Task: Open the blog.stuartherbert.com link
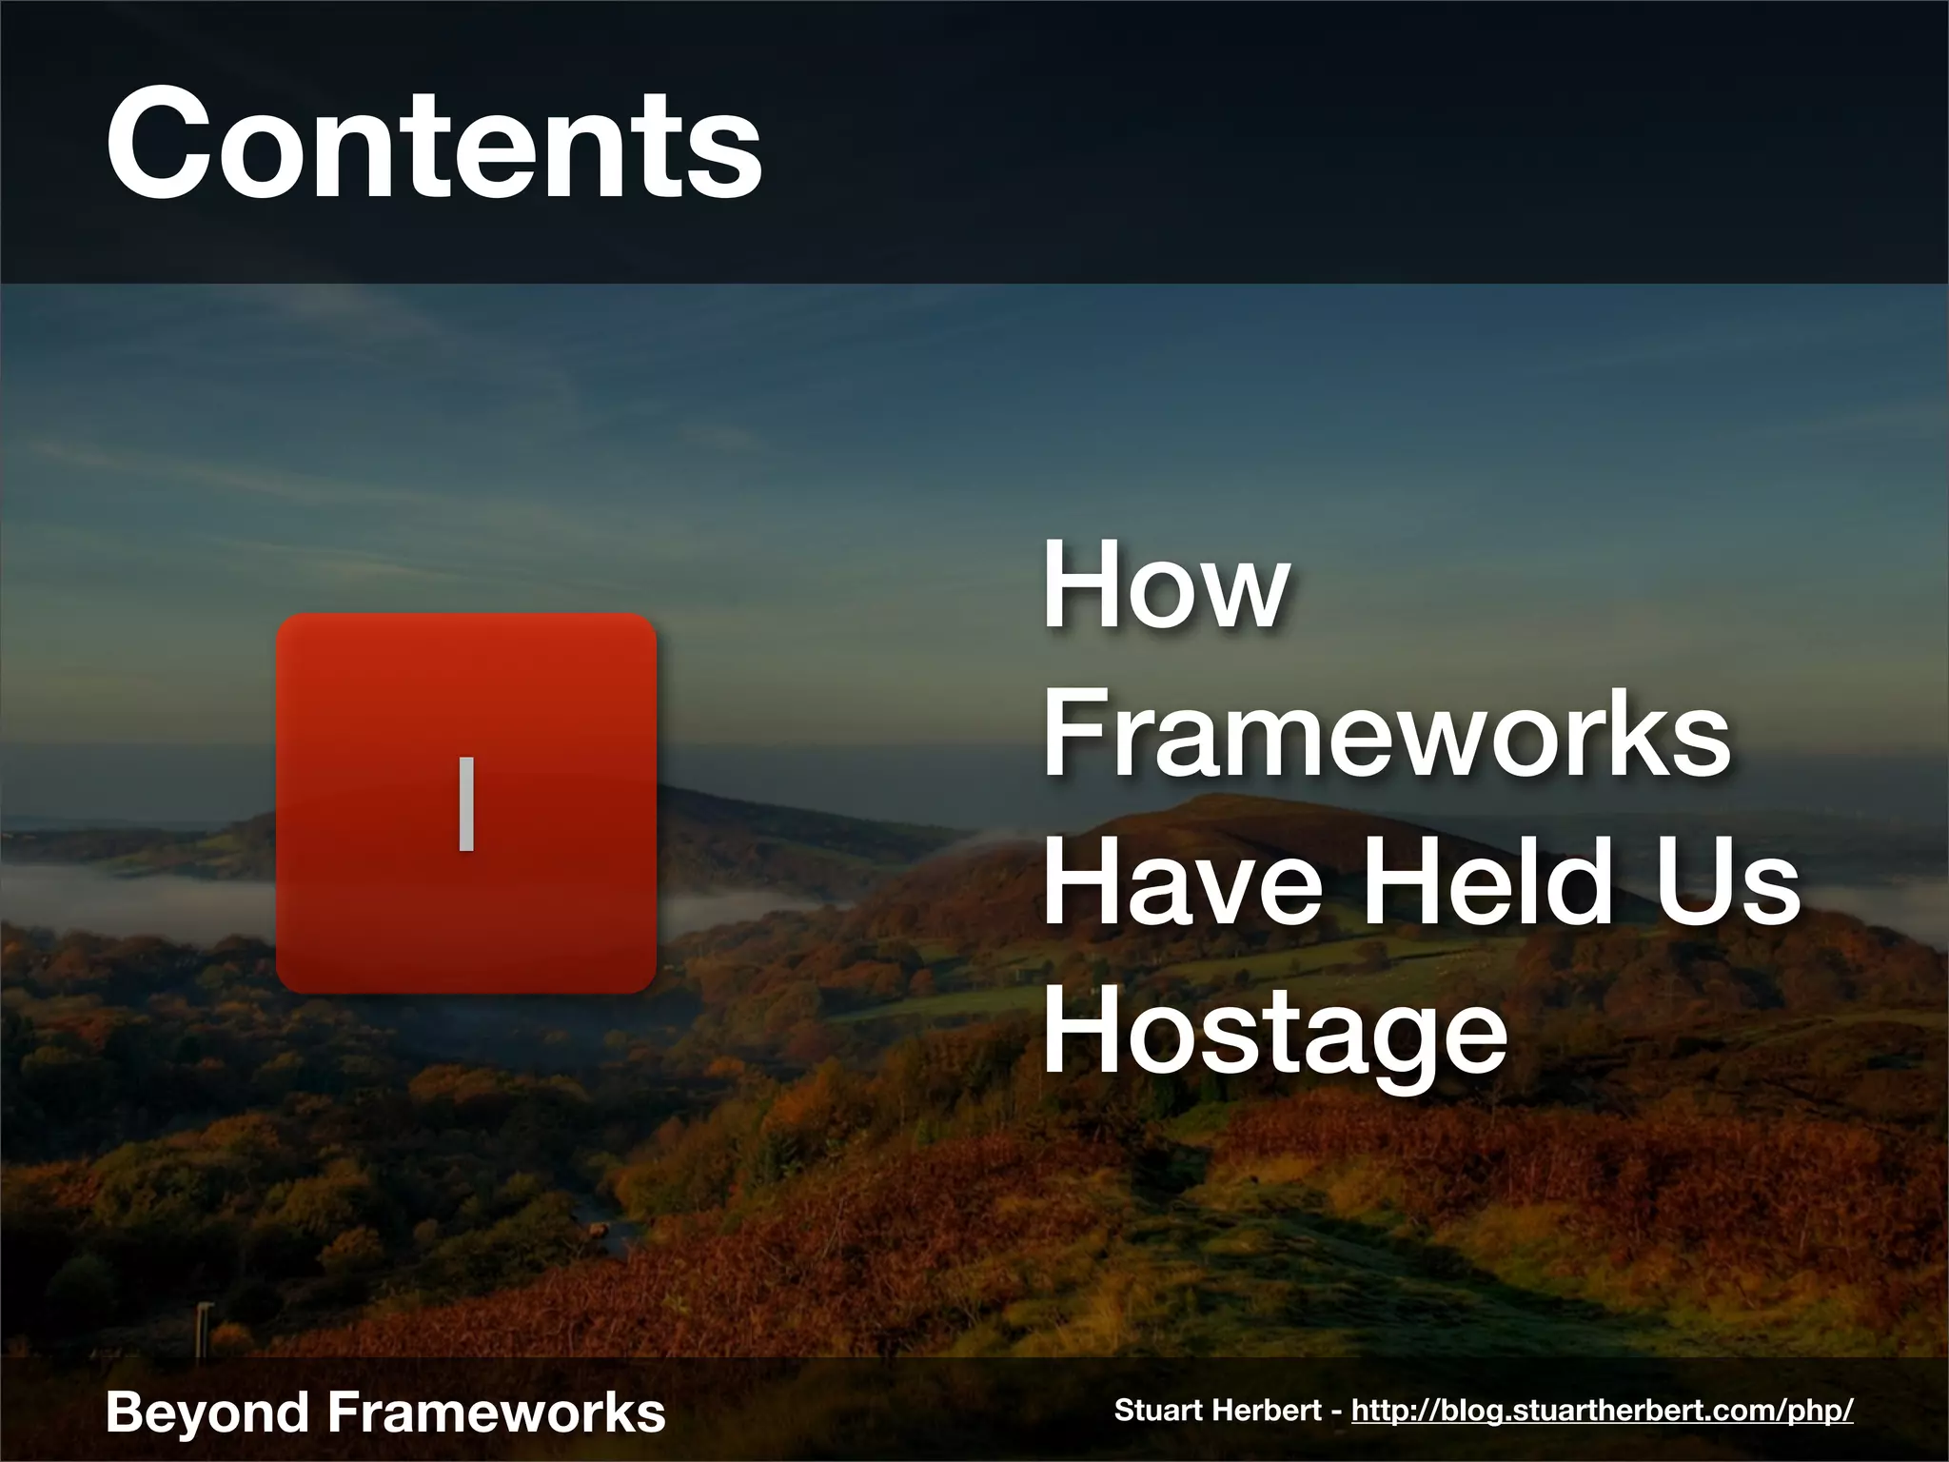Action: [1602, 1410]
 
